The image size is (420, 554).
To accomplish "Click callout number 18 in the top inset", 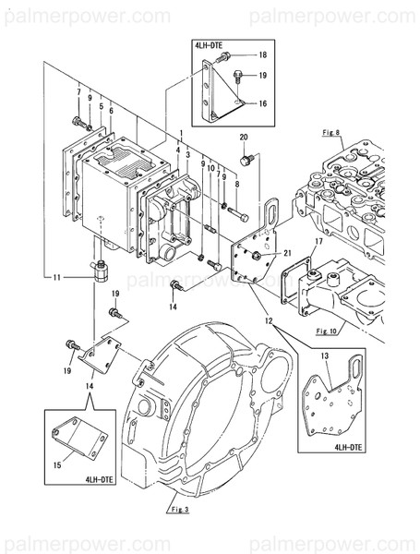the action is pos(262,54).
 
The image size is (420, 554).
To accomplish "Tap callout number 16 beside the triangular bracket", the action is pos(262,103).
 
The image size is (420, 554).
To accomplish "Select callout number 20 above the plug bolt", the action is pos(244,138).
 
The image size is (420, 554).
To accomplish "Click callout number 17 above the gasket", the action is pos(319,242).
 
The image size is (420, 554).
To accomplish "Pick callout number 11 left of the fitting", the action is pos(57,278).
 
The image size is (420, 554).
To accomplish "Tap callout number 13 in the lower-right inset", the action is pos(325,355).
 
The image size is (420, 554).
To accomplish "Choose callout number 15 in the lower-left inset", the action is pos(57,465).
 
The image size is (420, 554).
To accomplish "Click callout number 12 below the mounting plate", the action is pos(269,320).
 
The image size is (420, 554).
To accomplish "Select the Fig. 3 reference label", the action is pos(179,510).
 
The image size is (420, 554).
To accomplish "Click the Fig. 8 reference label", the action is pos(330,133).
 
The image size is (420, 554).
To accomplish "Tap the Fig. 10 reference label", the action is pos(327,331).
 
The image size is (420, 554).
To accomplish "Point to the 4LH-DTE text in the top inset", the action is pos(209,45).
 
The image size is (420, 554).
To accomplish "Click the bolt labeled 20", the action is pos(246,160).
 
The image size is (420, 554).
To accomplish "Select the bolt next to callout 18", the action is pos(222,57).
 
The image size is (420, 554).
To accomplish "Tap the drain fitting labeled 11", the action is pos(100,271).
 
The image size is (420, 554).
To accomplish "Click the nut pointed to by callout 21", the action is pos(257,255).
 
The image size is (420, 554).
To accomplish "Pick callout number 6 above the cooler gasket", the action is pos(112,111).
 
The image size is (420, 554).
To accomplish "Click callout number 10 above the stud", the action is pos(210,168).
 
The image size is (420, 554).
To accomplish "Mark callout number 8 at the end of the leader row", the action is pos(237,184).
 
